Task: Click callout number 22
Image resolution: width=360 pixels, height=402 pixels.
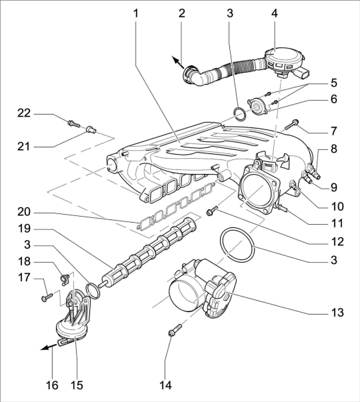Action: [x=24, y=113]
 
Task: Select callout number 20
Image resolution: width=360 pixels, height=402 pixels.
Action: [x=24, y=212]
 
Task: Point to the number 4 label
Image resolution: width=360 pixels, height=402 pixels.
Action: [x=275, y=13]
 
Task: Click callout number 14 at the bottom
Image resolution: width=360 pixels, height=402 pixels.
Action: [x=165, y=385]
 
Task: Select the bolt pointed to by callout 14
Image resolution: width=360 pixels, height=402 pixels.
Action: [x=175, y=330]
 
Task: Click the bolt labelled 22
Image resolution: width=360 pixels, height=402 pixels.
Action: [x=74, y=124]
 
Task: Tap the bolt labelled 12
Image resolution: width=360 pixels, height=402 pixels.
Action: [x=212, y=210]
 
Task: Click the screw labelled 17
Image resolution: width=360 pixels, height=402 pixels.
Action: [x=47, y=297]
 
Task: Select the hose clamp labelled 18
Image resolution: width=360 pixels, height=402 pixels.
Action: [x=65, y=278]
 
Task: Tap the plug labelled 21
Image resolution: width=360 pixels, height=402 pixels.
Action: [x=91, y=129]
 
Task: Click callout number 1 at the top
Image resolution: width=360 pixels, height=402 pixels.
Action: [x=135, y=13]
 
